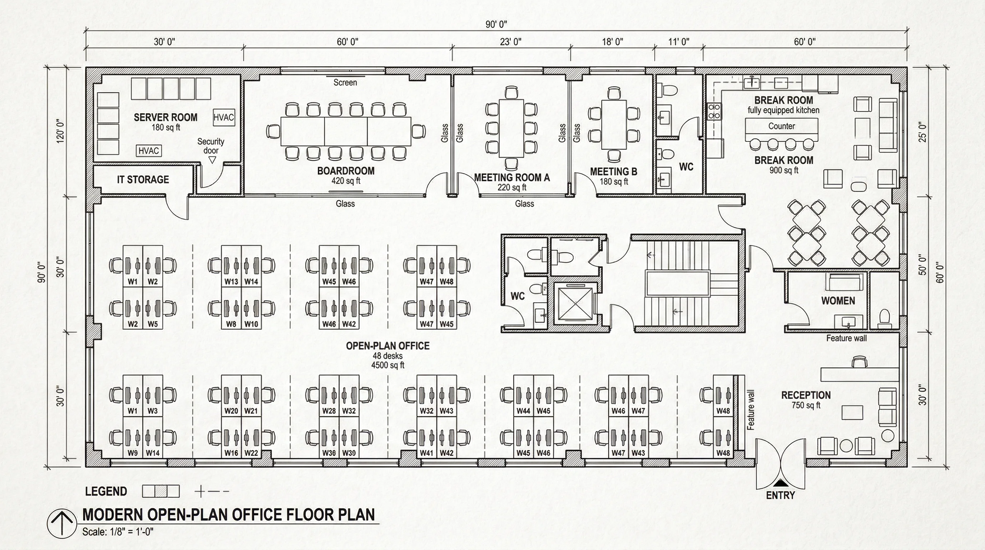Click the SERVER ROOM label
pyautogui.click(x=166, y=117)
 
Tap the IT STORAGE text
pyautogui.click(x=142, y=179)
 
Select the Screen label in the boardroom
pyautogui.click(x=345, y=82)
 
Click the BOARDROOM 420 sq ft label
pyautogui.click(x=346, y=175)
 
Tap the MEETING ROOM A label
pyautogui.click(x=511, y=178)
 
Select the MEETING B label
pyautogui.click(x=613, y=172)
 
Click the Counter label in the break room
pyautogui.click(x=781, y=126)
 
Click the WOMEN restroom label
pyautogui.click(x=838, y=301)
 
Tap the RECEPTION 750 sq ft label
pyautogui.click(x=806, y=399)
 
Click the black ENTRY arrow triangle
pyautogui.click(x=780, y=483)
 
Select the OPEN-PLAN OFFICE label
pyautogui.click(x=387, y=346)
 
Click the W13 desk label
pyautogui.click(x=231, y=281)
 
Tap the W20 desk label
pyautogui.click(x=231, y=411)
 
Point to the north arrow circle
pyautogui.click(x=62, y=523)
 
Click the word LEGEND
pyautogui.click(x=106, y=492)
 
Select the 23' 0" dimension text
pyautogui.click(x=510, y=42)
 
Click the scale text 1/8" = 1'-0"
pyautogui.click(x=118, y=532)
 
